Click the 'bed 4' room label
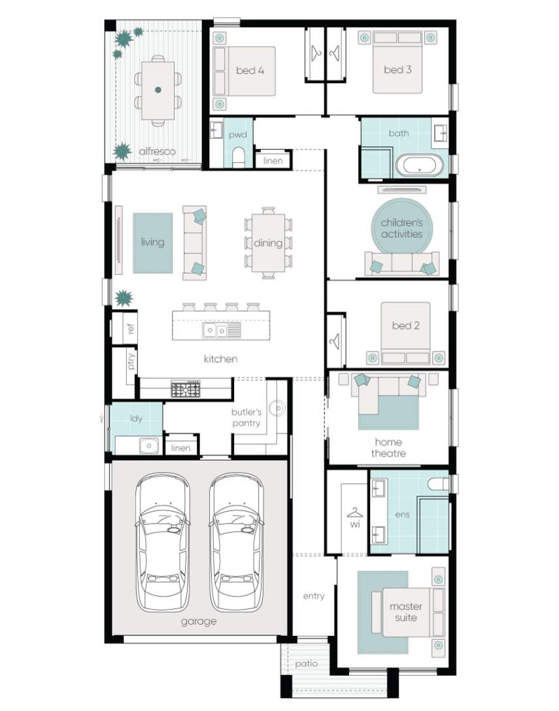tap(250, 71)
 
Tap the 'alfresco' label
tap(157, 152)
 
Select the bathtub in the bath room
tap(419, 165)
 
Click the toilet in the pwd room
tap(237, 158)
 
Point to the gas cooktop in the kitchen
tap(186, 389)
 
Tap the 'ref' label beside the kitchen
tap(131, 328)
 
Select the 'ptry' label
tap(131, 361)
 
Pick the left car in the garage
tap(162, 543)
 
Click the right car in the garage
tap(236, 543)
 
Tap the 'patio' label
tap(306, 664)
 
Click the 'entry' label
tap(314, 596)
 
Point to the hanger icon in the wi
tap(355, 513)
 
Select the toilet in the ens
tap(438, 484)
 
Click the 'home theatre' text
tap(388, 448)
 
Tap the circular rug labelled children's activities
tap(402, 228)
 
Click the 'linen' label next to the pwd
tap(273, 161)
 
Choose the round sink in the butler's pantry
tap(277, 408)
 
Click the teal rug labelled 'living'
tap(152, 243)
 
